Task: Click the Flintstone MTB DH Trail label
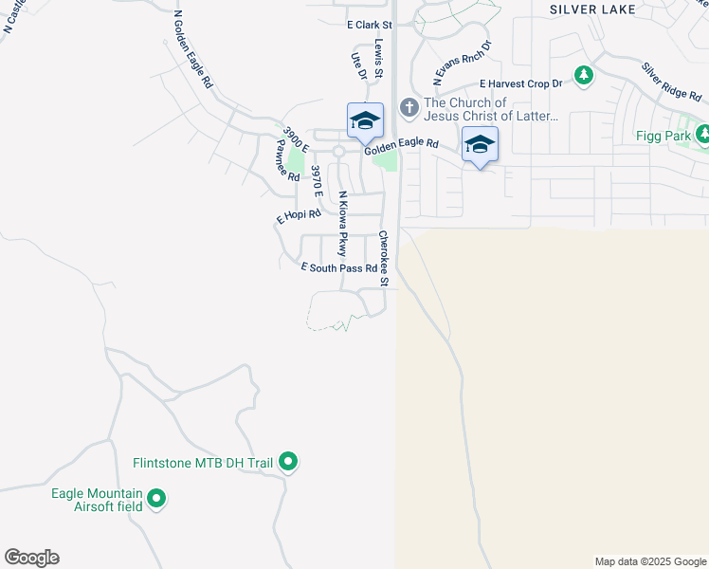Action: click(202, 463)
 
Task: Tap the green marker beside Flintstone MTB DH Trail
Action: click(289, 463)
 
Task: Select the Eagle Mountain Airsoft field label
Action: click(96, 500)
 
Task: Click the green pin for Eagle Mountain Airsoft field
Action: click(157, 498)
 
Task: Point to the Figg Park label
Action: click(661, 136)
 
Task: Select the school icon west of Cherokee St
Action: click(365, 121)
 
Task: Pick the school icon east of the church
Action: click(480, 145)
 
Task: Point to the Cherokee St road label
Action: click(385, 258)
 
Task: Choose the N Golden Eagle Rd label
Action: click(193, 49)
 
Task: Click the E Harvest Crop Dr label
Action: click(520, 84)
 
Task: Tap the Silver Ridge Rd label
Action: click(670, 83)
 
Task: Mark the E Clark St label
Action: click(369, 25)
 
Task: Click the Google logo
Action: click(31, 558)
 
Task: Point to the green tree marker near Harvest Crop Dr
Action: click(584, 74)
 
